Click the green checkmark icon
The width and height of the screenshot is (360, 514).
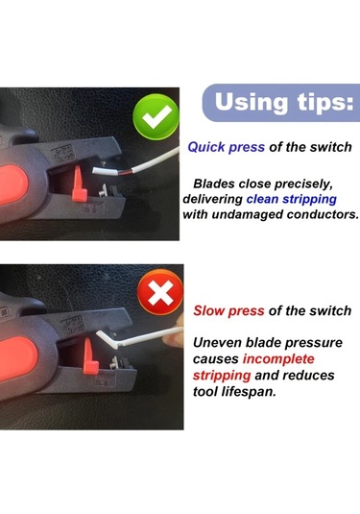click(x=156, y=116)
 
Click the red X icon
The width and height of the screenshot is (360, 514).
click(x=160, y=292)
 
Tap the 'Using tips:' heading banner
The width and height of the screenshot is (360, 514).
click(x=281, y=103)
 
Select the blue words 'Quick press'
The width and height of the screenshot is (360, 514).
click(x=226, y=147)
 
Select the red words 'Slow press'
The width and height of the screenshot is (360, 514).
click(x=228, y=310)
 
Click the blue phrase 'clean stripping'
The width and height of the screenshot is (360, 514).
click(x=292, y=199)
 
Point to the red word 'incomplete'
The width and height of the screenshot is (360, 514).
click(x=278, y=359)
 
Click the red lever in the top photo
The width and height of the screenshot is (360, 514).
click(x=80, y=184)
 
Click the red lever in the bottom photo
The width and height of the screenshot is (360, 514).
click(x=90, y=356)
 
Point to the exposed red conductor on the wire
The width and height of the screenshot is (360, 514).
click(x=125, y=172)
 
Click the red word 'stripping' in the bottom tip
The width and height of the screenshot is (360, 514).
click(x=222, y=376)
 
